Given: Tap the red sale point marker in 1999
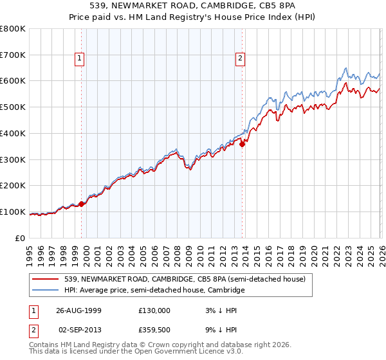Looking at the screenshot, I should click(x=82, y=204).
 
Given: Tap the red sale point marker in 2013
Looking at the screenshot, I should click(x=243, y=144).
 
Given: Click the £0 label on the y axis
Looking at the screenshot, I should click(x=21, y=238).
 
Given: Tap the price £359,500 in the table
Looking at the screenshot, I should click(x=154, y=331).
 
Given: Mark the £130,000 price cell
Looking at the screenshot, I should click(x=154, y=310).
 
